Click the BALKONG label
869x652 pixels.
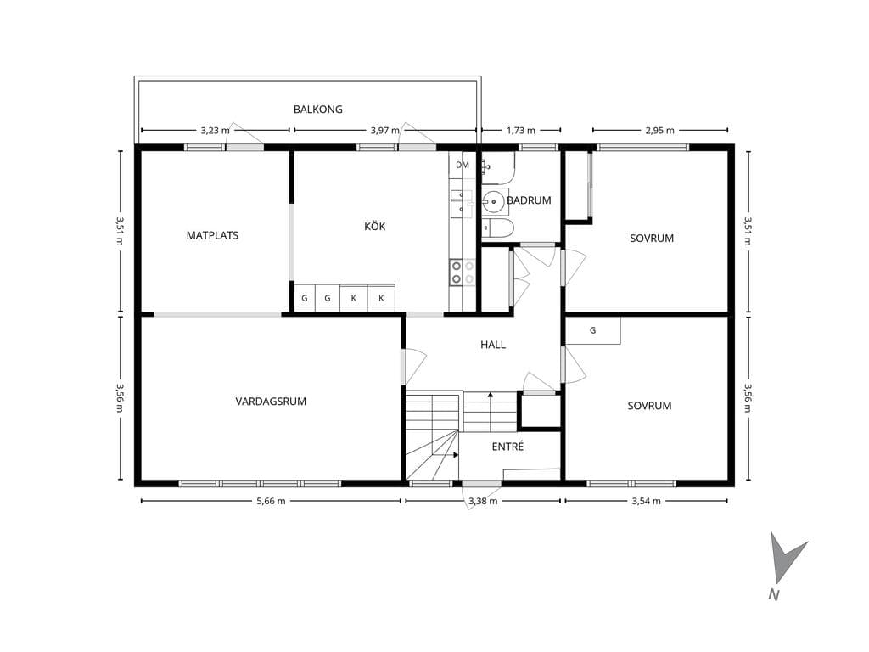(x=318, y=110)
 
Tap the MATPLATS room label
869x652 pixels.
(x=212, y=235)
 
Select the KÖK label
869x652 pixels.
(x=374, y=226)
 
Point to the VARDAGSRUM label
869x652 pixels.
(x=271, y=402)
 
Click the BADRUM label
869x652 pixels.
(x=530, y=200)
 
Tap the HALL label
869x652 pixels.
(x=493, y=345)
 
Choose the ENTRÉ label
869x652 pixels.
(x=507, y=447)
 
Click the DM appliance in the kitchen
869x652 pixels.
(x=463, y=165)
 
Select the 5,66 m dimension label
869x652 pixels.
(x=271, y=501)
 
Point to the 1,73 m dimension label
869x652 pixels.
(x=521, y=130)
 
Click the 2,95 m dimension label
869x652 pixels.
(x=660, y=130)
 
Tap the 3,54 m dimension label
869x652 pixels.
(x=646, y=501)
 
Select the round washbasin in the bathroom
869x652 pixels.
(x=493, y=201)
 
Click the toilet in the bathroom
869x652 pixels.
(x=497, y=228)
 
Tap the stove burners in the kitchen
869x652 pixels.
(x=463, y=273)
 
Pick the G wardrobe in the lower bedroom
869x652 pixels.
(x=592, y=330)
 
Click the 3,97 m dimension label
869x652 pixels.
(x=385, y=130)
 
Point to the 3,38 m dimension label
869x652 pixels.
(x=483, y=501)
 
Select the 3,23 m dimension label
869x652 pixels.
(x=215, y=130)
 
